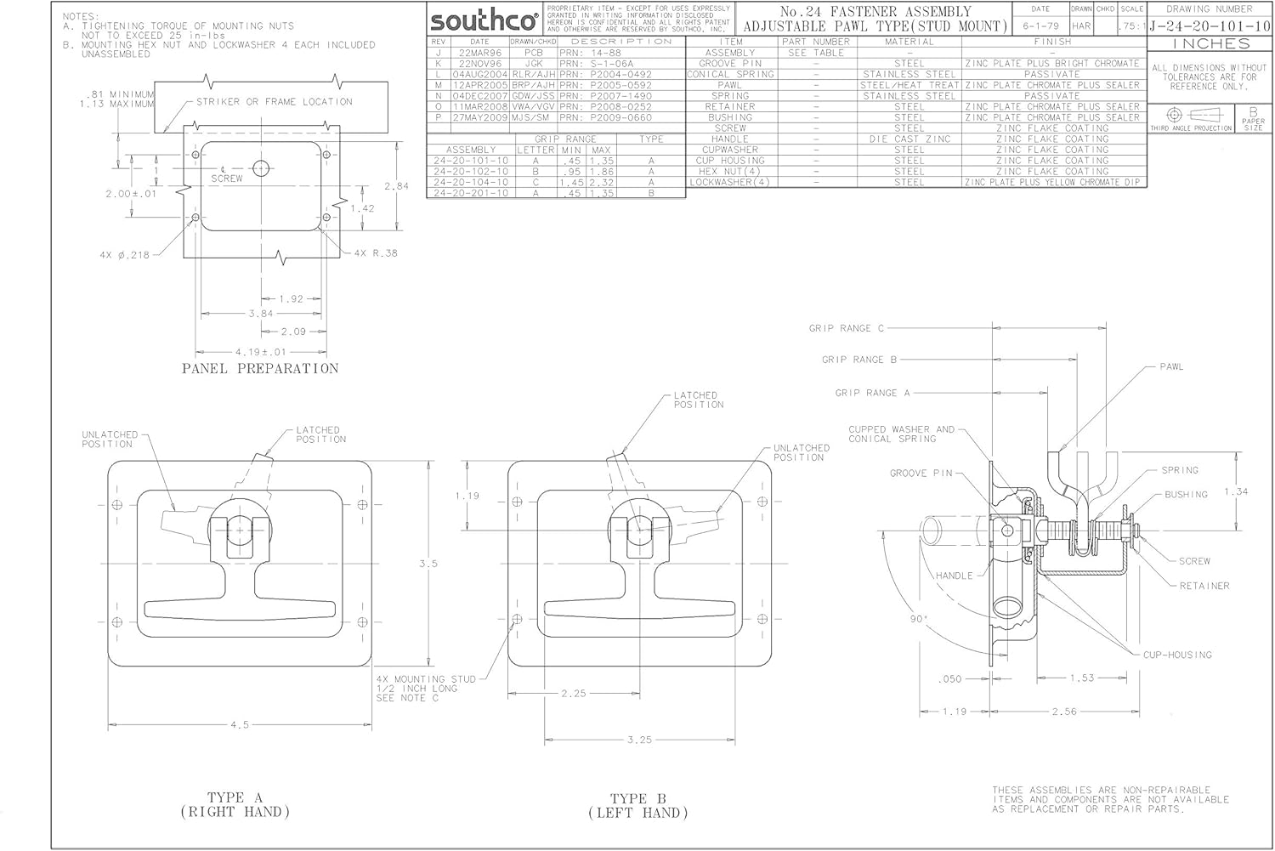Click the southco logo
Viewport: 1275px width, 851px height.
pos(484,20)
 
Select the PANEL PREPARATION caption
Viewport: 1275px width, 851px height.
pos(260,369)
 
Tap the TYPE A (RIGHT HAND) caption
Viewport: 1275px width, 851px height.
pos(235,805)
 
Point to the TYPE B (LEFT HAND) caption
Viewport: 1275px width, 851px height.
pos(637,806)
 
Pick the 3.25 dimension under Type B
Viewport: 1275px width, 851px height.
pos(639,740)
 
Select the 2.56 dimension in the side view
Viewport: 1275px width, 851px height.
pos(1064,712)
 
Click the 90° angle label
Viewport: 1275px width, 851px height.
pos(919,620)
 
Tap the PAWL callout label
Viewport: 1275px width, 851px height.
pos(1171,367)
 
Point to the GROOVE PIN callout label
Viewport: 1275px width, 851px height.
pos(921,474)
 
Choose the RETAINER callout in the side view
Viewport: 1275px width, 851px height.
pos(1204,586)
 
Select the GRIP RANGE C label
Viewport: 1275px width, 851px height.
pos(847,328)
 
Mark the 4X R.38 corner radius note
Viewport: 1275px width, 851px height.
pos(375,253)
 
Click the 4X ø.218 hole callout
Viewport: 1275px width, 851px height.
pos(123,254)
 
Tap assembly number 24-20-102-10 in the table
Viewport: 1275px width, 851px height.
pos(470,171)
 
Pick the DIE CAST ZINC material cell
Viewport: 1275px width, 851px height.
pos(909,139)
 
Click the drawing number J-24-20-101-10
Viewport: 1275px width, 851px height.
pos(1210,26)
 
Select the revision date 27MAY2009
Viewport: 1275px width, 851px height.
pos(479,117)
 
